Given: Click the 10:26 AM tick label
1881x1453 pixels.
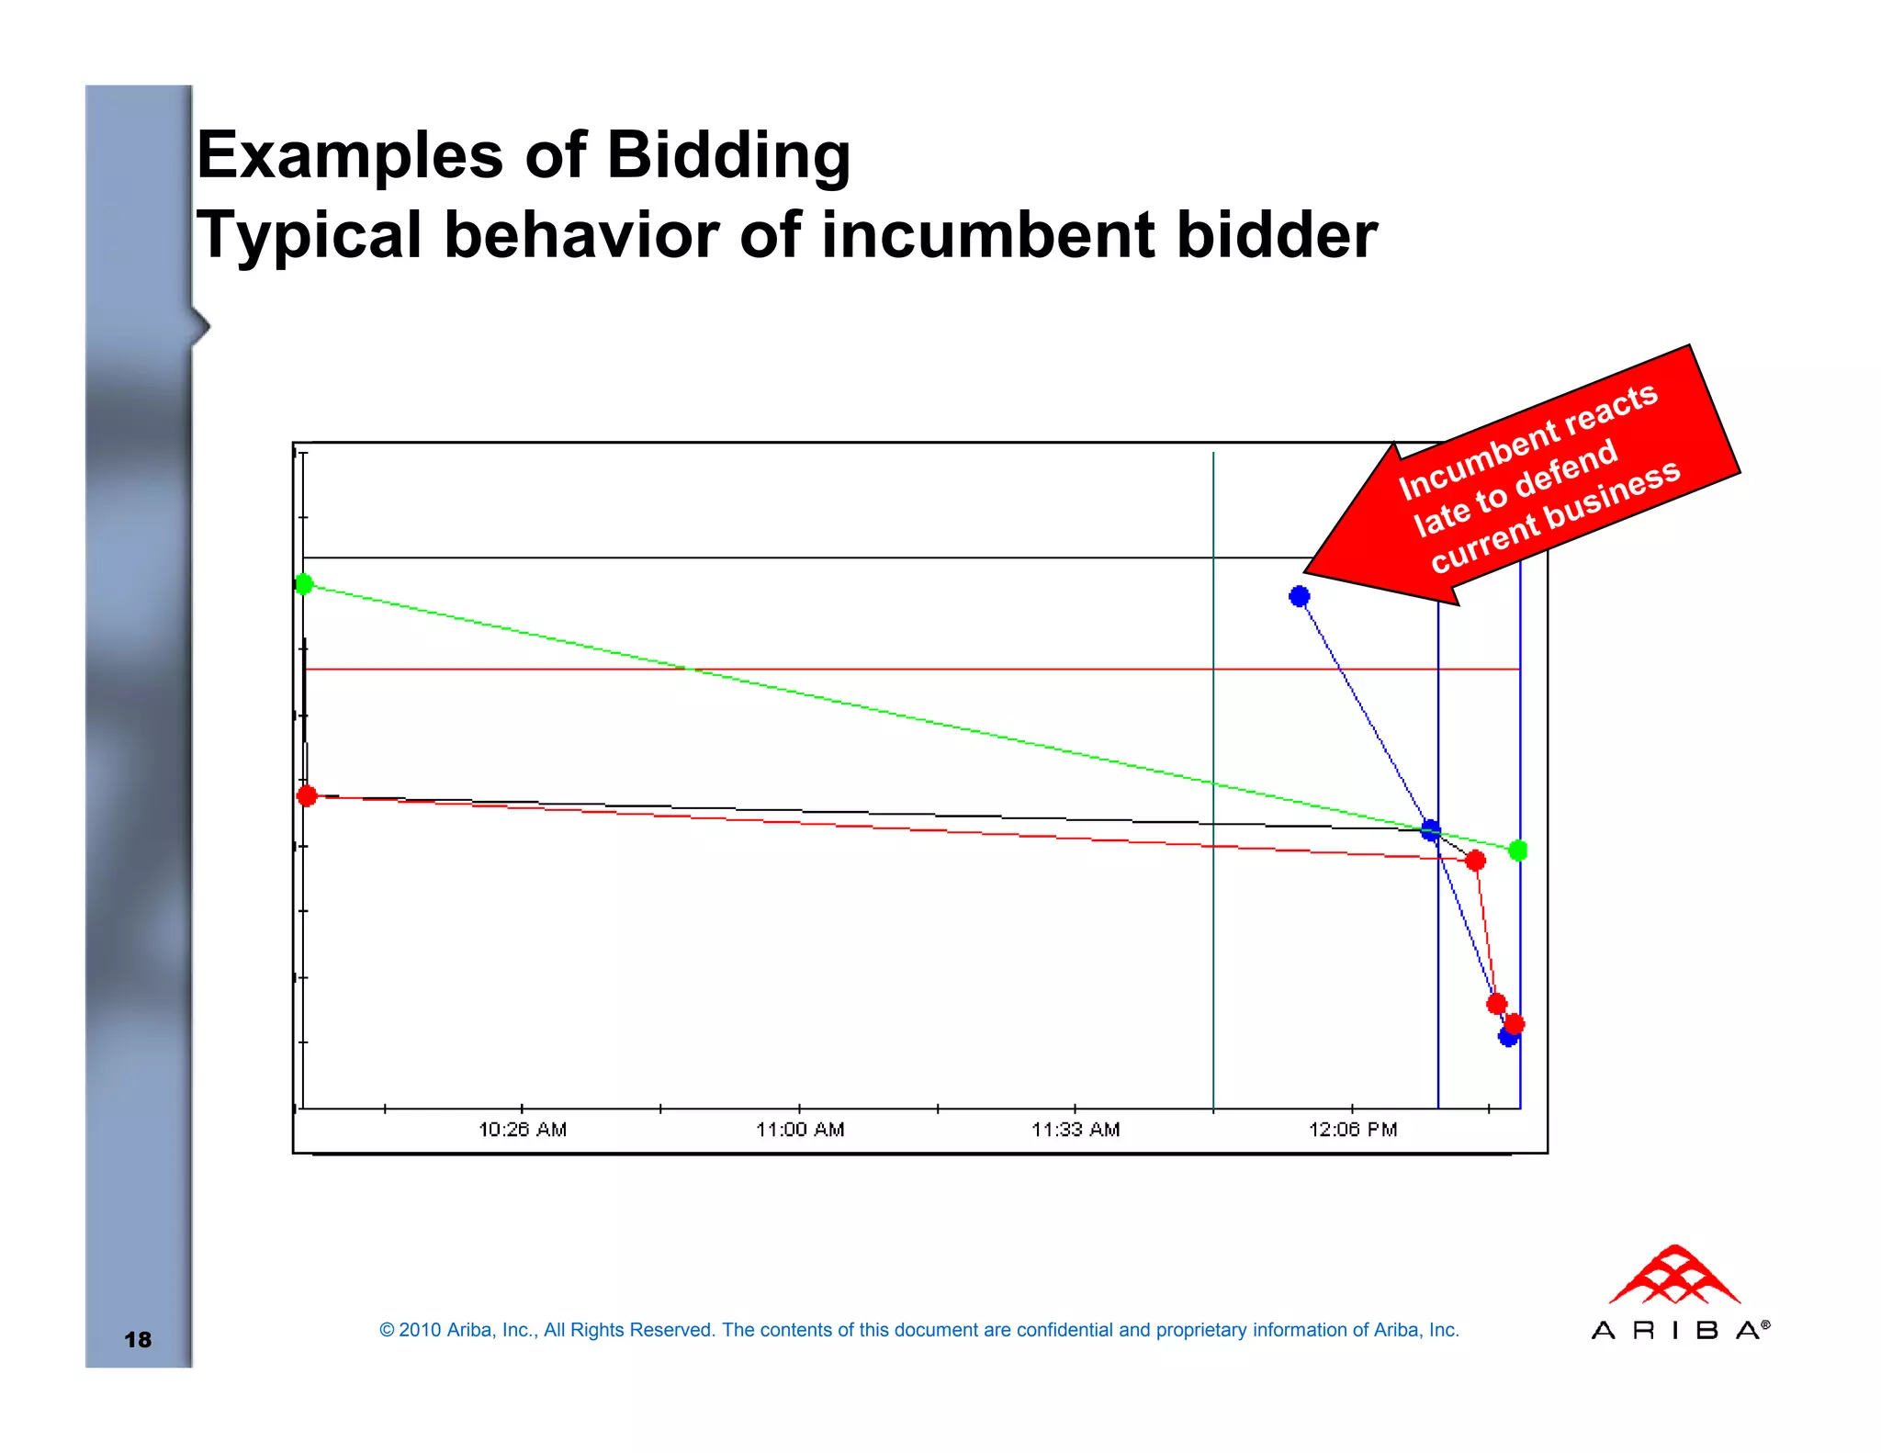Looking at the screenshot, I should [x=523, y=1129].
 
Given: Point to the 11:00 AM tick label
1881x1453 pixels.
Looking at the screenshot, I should [x=800, y=1129].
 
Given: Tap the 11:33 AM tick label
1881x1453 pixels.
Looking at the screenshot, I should [x=1076, y=1129].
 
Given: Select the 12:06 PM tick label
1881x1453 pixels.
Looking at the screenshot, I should [x=1353, y=1129].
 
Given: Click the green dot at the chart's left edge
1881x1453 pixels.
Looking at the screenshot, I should [x=304, y=584].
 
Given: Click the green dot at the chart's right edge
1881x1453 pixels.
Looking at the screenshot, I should [x=1518, y=850].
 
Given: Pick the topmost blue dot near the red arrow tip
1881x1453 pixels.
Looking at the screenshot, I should [x=1299, y=597].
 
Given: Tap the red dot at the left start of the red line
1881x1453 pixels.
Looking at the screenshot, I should [x=307, y=795].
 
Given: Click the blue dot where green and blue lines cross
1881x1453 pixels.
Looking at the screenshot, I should [x=1431, y=830].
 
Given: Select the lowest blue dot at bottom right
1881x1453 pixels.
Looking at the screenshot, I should [x=1507, y=1038].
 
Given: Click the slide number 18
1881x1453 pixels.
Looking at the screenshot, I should [x=138, y=1339].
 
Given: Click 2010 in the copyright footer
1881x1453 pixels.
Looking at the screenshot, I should [x=419, y=1330].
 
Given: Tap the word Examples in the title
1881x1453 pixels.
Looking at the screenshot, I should [x=350, y=154].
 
